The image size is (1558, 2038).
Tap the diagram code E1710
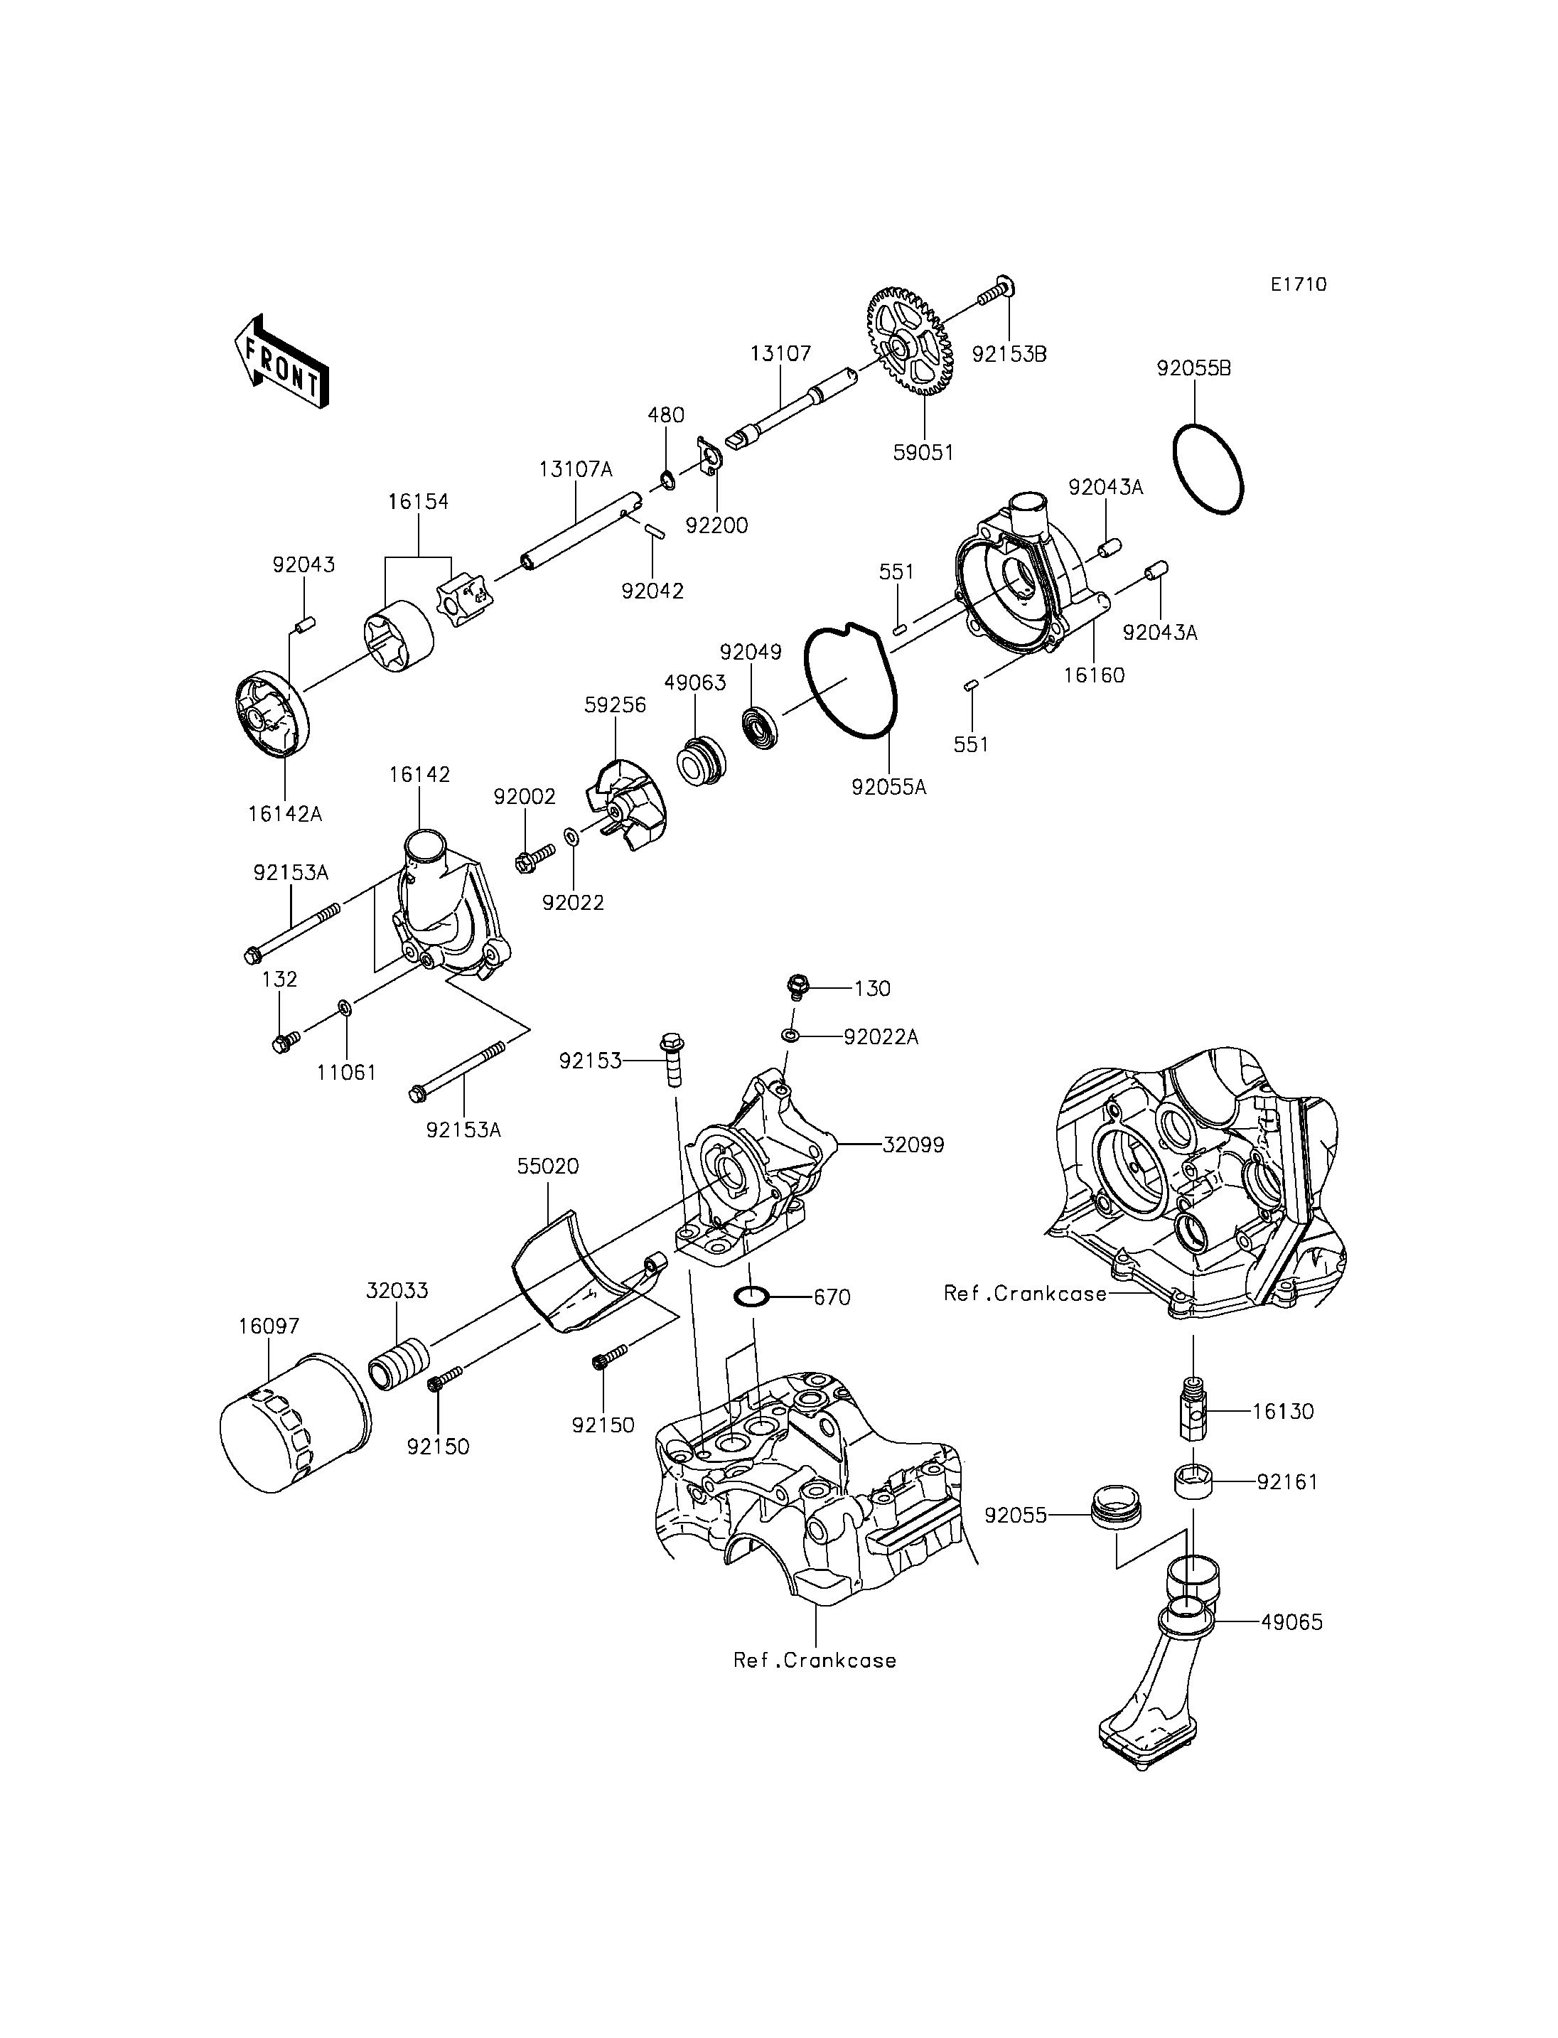click(x=1299, y=285)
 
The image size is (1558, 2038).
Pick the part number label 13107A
click(x=576, y=469)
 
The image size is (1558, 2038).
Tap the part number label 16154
click(x=417, y=502)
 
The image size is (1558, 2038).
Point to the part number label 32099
click(x=913, y=1144)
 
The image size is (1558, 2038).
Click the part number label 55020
click(x=548, y=1166)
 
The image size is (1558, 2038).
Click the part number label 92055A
click(x=889, y=788)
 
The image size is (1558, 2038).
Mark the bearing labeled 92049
click(x=763, y=726)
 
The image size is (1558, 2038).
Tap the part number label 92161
click(x=1288, y=1481)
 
